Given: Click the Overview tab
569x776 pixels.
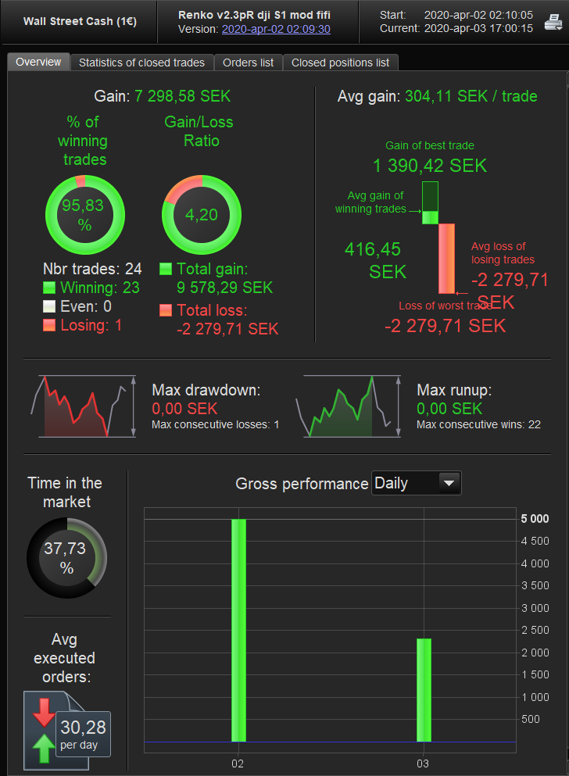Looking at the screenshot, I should [x=38, y=63].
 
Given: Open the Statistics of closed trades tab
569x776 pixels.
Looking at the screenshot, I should [x=141, y=63].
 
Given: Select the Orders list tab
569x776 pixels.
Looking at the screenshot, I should [x=248, y=63].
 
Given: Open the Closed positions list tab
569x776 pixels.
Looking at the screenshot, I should [x=340, y=63].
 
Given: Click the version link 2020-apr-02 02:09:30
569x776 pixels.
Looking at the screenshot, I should [x=276, y=29].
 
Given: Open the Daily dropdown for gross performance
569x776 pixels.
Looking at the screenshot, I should [x=417, y=483].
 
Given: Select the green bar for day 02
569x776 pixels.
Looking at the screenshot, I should [x=238, y=630].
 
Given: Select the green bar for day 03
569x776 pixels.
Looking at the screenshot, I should [x=424, y=689].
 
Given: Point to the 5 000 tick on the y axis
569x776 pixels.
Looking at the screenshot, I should [x=535, y=519].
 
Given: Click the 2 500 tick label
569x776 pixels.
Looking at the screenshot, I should [x=535, y=630].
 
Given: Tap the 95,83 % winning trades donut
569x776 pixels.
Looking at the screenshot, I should [x=84, y=214].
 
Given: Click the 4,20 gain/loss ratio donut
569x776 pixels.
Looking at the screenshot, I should [x=201, y=214].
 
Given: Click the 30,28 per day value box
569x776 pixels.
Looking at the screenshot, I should [x=83, y=734].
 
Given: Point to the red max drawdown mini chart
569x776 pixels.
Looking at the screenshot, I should [x=76, y=406].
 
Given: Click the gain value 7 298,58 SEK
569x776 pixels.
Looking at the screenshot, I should [x=182, y=96].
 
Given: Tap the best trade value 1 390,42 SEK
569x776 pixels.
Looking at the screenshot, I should [x=429, y=166].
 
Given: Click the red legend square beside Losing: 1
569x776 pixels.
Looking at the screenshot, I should [x=49, y=325].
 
